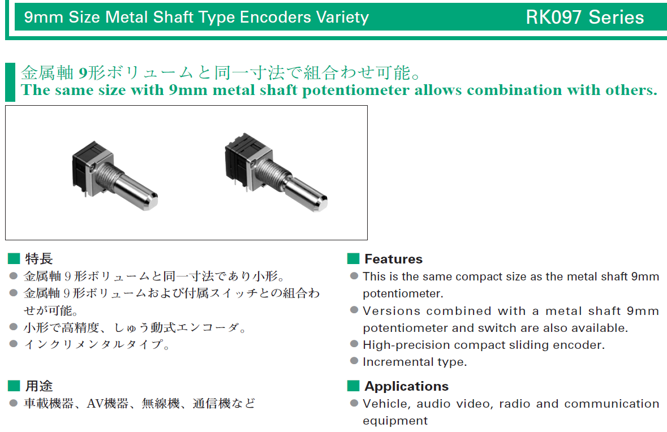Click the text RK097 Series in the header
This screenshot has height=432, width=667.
click(x=584, y=18)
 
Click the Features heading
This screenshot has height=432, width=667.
click(x=394, y=259)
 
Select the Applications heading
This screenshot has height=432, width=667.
click(x=406, y=386)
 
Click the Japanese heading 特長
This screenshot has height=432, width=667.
click(x=38, y=258)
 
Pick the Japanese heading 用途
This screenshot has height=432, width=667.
click(x=38, y=386)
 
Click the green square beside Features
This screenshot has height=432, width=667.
click(x=353, y=258)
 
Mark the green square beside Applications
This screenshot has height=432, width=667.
click(x=353, y=386)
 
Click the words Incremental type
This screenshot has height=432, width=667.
click(x=414, y=362)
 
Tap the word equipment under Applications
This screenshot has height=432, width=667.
click(x=395, y=421)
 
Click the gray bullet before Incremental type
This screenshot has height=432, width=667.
click(x=354, y=361)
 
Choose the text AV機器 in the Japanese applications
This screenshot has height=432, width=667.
click(x=107, y=403)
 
